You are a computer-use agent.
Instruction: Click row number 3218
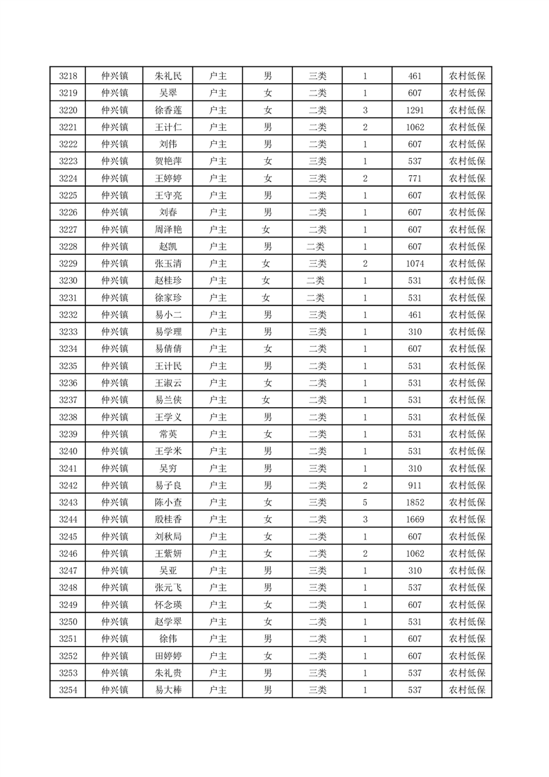(x=68, y=76)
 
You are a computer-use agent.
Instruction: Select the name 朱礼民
(x=168, y=76)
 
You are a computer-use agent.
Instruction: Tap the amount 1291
(x=415, y=110)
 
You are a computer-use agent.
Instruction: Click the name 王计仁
(x=168, y=127)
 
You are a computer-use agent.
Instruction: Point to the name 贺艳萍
(x=168, y=161)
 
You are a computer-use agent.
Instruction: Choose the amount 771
(x=415, y=179)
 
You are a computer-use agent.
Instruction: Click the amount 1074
(x=415, y=264)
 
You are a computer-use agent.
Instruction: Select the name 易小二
(x=168, y=315)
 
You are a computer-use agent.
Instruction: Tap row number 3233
(x=68, y=332)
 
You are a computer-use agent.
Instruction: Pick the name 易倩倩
(x=168, y=349)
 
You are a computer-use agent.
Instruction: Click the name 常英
(x=168, y=434)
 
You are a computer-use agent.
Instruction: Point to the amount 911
(x=415, y=485)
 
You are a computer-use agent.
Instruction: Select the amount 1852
(x=415, y=502)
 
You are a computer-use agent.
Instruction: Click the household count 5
(x=365, y=502)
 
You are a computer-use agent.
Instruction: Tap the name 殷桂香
(x=168, y=519)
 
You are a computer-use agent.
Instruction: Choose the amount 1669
(x=415, y=519)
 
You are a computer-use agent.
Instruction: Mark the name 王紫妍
(x=168, y=553)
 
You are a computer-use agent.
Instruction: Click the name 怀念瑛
(x=168, y=605)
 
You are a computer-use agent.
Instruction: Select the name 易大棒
(x=168, y=690)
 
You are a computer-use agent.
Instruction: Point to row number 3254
(x=68, y=690)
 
